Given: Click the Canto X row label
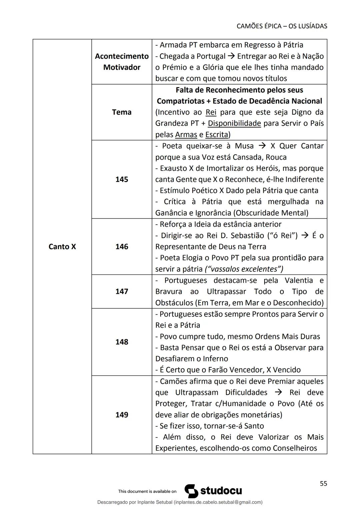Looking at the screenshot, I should click(x=62, y=247).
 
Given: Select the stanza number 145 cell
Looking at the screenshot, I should click(x=122, y=179).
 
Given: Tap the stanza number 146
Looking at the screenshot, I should click(x=122, y=247).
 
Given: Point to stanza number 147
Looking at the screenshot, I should click(x=122, y=291).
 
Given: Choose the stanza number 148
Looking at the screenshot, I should click(x=122, y=342).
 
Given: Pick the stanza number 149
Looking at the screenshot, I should click(x=122, y=415).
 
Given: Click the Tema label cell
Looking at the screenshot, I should click(x=122, y=112).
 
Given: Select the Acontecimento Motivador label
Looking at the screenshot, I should click(x=122, y=62).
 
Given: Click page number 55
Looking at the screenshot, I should click(x=323, y=484).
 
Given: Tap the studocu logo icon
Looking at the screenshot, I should click(x=191, y=491).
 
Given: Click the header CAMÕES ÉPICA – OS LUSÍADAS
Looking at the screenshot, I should click(x=282, y=26).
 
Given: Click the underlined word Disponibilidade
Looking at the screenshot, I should click(x=234, y=123).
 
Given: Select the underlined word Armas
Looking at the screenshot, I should click(x=186, y=135).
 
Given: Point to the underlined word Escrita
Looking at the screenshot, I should click(x=217, y=135).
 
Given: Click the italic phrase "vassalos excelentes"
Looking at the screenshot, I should click(x=244, y=269).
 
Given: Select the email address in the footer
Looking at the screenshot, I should click(x=217, y=502).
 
